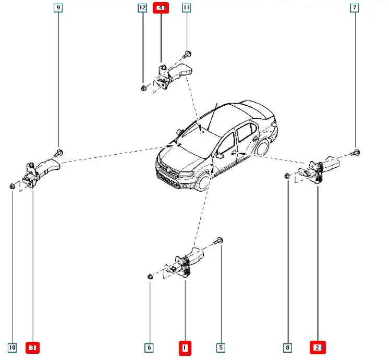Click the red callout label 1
tap(185, 347)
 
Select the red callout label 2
tap(318, 347)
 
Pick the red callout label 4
tap(161, 8)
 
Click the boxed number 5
tap(221, 347)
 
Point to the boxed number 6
tap(150, 347)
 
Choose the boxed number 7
tap(355, 8)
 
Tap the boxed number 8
tap(287, 347)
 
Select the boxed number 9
tap(58, 8)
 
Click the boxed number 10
tap(13, 347)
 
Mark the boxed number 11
tap(187, 8)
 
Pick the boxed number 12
tap(142, 8)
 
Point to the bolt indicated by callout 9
tap(58, 152)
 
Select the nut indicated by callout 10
tap(13, 185)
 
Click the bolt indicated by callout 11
tap(187, 53)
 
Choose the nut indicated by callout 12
tap(143, 88)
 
